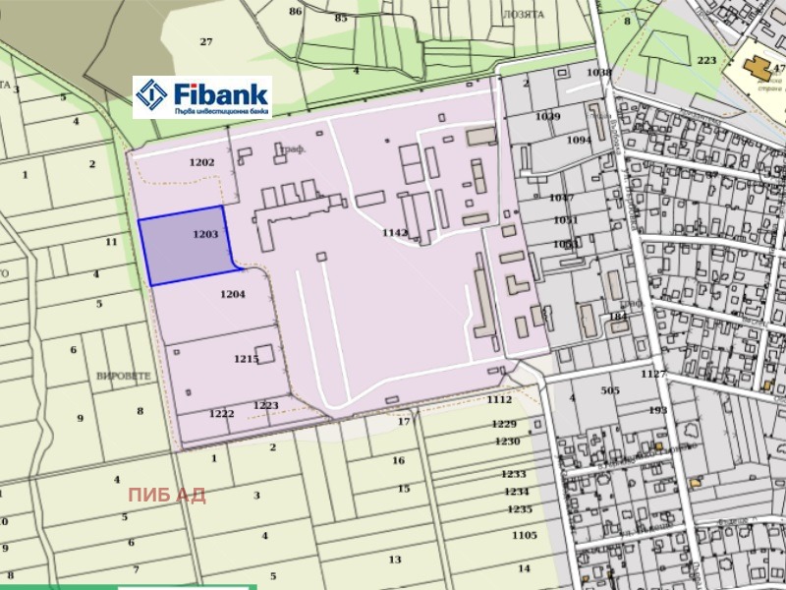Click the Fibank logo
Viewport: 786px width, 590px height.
[x=201, y=96]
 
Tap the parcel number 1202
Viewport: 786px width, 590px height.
[x=201, y=162]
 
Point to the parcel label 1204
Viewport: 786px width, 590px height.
[x=233, y=294]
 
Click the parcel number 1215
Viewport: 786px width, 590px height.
[x=246, y=359]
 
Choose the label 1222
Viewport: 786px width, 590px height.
[x=221, y=414]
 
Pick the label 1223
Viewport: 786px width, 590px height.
[x=266, y=405]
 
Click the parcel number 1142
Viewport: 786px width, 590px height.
[x=394, y=232]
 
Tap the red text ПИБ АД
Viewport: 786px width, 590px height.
[x=166, y=494]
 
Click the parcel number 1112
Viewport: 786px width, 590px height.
[x=499, y=399]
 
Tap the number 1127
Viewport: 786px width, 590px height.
[x=653, y=374]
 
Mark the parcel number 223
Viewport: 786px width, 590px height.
[x=706, y=60]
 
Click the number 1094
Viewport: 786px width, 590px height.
[x=580, y=140]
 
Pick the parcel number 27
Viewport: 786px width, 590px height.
[x=206, y=41]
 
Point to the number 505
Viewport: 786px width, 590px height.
[x=610, y=390]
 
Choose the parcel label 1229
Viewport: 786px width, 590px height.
[x=504, y=424]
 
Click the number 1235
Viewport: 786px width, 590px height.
[x=520, y=508]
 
